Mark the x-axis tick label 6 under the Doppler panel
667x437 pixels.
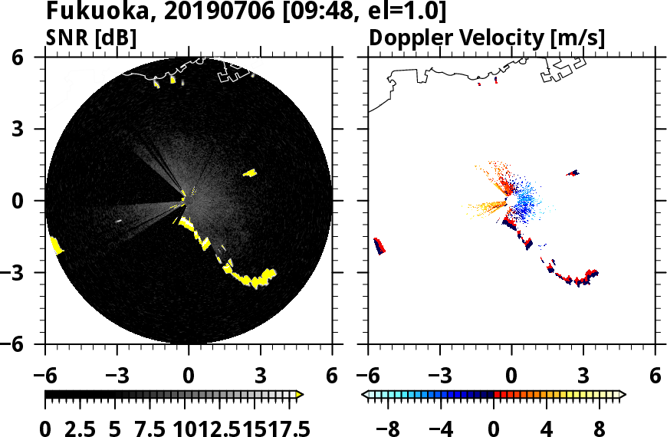pos(655,377)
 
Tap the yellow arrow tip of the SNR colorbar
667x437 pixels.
pos(300,395)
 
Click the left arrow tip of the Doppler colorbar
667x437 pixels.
pos(364,395)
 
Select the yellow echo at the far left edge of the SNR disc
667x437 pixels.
pos(56,245)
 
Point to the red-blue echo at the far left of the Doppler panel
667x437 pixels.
pos(379,245)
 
